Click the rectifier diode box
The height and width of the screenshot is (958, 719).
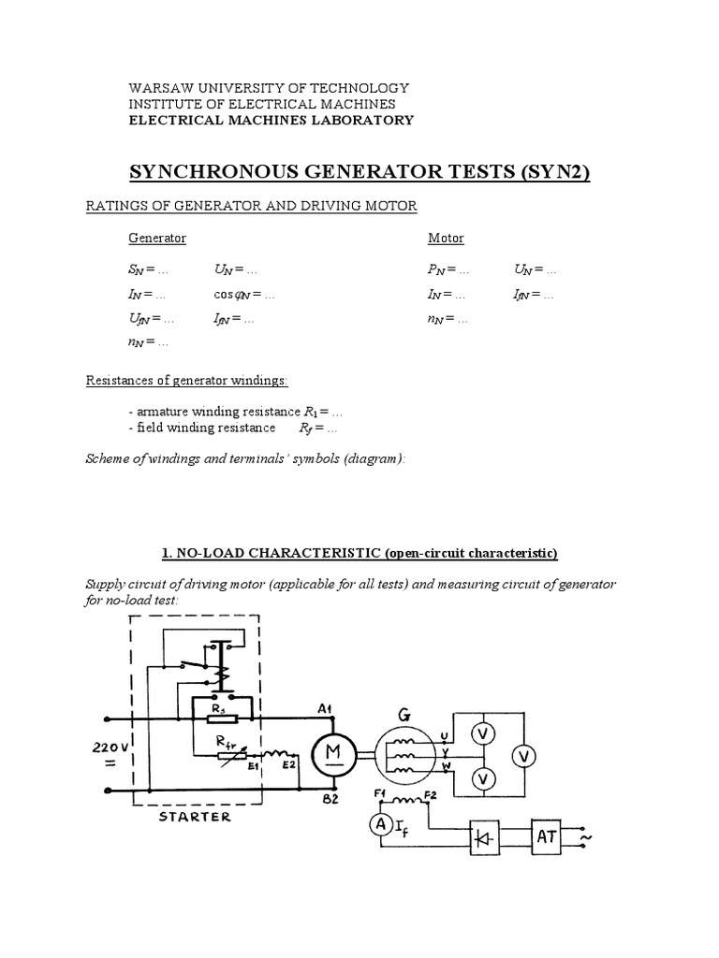484,836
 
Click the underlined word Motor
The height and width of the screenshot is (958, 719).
446,239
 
